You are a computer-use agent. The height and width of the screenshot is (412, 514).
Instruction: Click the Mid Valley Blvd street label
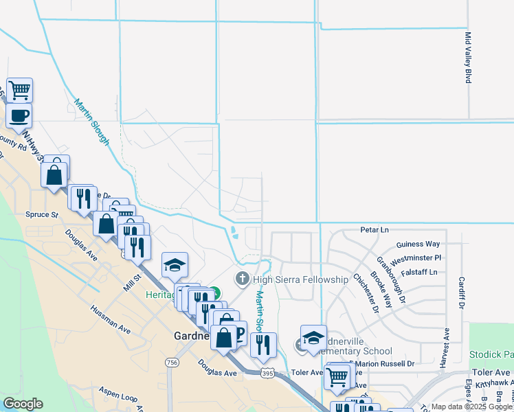coord(469,58)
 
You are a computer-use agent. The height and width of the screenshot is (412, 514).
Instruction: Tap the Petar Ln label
coord(375,229)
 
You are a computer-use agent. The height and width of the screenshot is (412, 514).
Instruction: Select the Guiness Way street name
coord(418,244)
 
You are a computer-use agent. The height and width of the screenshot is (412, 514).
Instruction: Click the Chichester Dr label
coord(366,293)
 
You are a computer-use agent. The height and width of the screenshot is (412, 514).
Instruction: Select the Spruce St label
coord(42,215)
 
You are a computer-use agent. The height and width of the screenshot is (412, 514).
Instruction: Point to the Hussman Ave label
coord(110,320)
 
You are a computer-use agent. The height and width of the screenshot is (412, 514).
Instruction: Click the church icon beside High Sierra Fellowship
coord(242,279)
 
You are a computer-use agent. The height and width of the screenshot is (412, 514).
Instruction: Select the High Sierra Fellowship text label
coord(301,279)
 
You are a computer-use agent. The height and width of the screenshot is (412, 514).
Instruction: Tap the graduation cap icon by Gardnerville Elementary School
coord(313,338)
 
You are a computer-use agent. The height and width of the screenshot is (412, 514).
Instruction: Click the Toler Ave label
coord(306,372)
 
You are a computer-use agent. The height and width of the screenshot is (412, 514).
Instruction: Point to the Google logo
coord(23,404)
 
